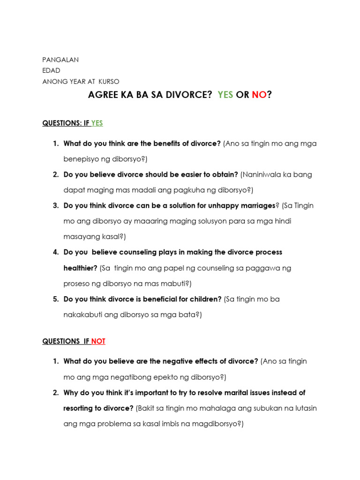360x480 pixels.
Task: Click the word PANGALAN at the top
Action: click(x=60, y=60)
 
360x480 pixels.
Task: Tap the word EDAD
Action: click(x=51, y=70)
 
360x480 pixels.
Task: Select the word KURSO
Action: click(x=109, y=81)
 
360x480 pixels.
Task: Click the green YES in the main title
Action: click(x=225, y=95)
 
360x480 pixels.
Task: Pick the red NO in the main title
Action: click(x=259, y=95)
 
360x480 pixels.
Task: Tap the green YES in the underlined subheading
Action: click(x=97, y=123)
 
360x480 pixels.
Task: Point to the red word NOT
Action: click(x=98, y=341)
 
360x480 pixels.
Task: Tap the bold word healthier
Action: click(x=80, y=268)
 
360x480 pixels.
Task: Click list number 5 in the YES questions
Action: click(x=55, y=299)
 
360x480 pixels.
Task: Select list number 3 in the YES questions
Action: click(x=55, y=205)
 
